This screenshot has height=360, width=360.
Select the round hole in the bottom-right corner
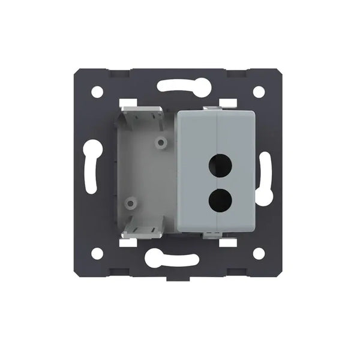[x=259, y=253]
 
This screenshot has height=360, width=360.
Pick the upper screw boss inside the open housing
[x=161, y=143]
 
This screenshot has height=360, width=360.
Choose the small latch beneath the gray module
[x=213, y=235]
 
